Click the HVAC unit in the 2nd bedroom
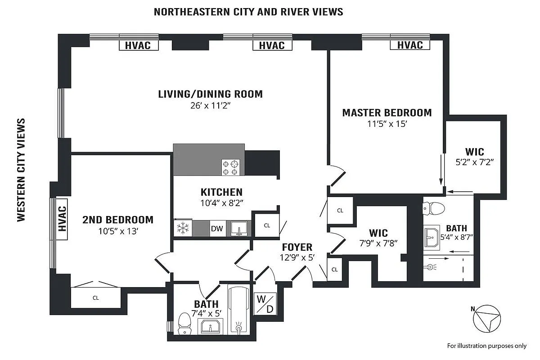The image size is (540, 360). [x=61, y=218]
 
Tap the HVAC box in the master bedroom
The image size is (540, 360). [x=410, y=45]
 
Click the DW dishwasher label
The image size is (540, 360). [x=217, y=229]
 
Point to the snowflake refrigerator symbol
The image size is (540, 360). [x=183, y=228]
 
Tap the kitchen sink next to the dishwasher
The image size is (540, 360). [x=238, y=229]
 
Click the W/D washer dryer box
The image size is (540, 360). [x=264, y=304]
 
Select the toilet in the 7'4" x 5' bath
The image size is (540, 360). [x=184, y=324]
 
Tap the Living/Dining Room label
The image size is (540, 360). [x=210, y=94]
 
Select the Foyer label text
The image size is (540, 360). [x=297, y=247]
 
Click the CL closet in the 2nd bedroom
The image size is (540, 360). [x=96, y=297]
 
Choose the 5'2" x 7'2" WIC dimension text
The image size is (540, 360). [x=475, y=163]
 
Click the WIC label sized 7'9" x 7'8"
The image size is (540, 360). [x=378, y=233]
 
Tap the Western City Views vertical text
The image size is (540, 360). [x=21, y=170]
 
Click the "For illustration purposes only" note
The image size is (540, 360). [x=486, y=346]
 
